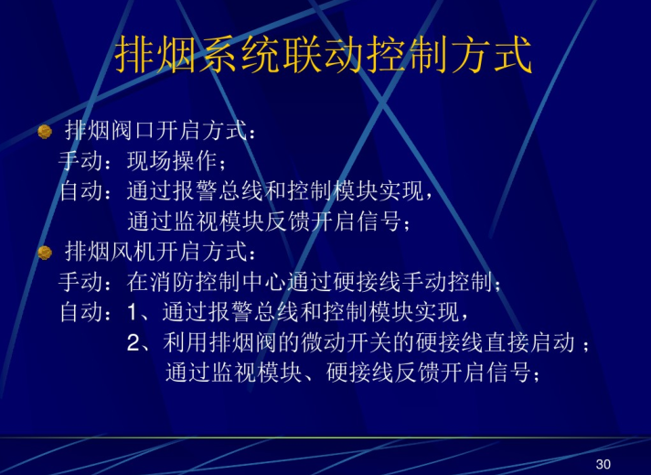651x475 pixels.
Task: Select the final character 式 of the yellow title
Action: coord(512,54)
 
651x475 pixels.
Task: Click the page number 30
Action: coord(603,463)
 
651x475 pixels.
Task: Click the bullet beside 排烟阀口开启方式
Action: coord(45,132)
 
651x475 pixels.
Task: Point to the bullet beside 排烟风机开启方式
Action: coord(45,253)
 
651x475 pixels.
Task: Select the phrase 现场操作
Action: coord(172,161)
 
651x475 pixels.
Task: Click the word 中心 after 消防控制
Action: coord(264,282)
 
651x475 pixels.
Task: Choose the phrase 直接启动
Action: coord(529,342)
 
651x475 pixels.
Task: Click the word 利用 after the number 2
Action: coord(186,342)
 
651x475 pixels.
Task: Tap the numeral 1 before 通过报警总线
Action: coord(132,312)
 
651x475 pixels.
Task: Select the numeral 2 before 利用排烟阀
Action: coord(133,343)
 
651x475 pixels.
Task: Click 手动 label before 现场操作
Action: coord(80,161)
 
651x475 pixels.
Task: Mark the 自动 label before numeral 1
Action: coord(80,312)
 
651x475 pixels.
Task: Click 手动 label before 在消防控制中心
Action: coord(80,282)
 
